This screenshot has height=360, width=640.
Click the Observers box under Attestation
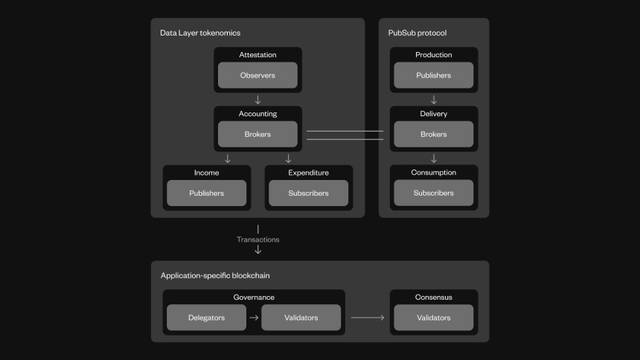pyautogui.click(x=257, y=75)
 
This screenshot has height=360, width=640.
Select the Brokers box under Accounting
pyautogui.click(x=257, y=134)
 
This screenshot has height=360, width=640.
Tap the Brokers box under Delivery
pyautogui.click(x=433, y=134)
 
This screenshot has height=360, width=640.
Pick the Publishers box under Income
pyautogui.click(x=207, y=193)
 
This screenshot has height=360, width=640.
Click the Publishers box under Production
pyautogui.click(x=433, y=75)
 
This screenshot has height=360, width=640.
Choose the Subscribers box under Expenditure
pyautogui.click(x=309, y=193)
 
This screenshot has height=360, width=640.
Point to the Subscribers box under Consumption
pyautogui.click(x=433, y=193)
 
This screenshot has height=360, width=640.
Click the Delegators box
pyautogui.click(x=207, y=318)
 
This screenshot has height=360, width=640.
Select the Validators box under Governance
pyautogui.click(x=301, y=318)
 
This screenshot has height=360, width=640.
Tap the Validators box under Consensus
pyautogui.click(x=433, y=318)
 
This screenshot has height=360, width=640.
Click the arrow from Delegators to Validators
pyautogui.click(x=254, y=318)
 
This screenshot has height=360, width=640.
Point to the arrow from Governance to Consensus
pyautogui.click(x=368, y=318)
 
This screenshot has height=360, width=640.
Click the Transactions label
pyautogui.click(x=258, y=240)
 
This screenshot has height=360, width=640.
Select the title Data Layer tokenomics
pyautogui.click(x=200, y=33)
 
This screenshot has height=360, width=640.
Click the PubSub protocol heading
pyautogui.click(x=417, y=33)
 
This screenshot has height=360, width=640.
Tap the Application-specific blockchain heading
pyautogui.click(x=215, y=275)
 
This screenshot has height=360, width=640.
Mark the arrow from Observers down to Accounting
pyautogui.click(x=258, y=100)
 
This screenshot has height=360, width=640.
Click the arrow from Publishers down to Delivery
pyautogui.click(x=434, y=100)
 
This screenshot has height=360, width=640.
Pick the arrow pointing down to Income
pyautogui.click(x=228, y=158)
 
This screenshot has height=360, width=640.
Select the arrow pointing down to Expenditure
pyautogui.click(x=289, y=158)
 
